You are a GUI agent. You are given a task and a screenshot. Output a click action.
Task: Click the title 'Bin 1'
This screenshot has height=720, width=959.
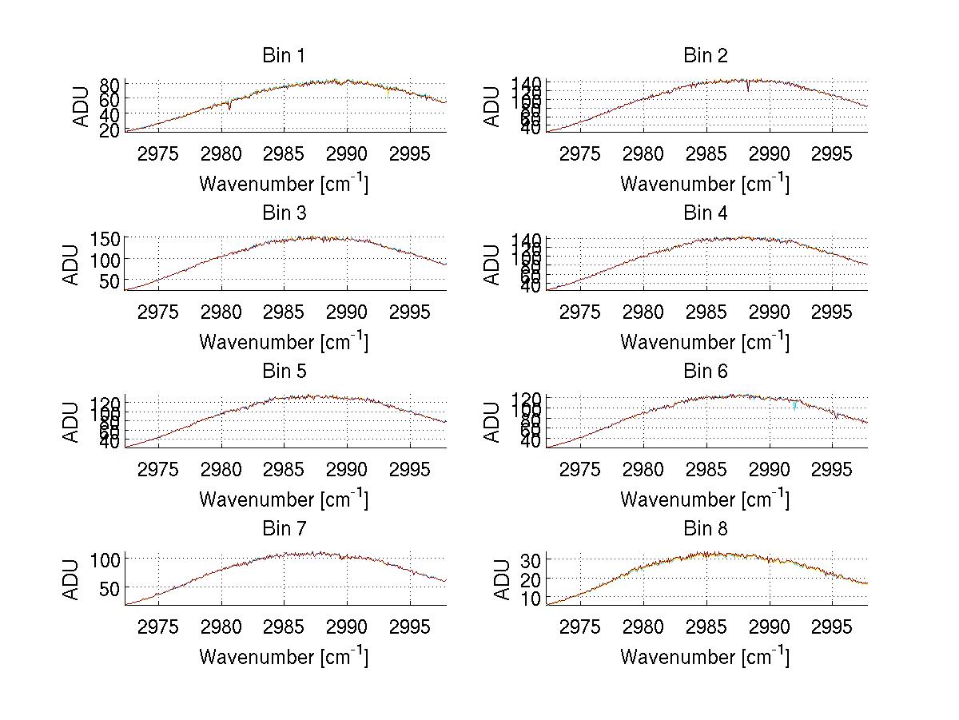point(284,56)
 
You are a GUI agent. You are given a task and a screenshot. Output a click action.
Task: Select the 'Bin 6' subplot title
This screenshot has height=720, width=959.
point(705,372)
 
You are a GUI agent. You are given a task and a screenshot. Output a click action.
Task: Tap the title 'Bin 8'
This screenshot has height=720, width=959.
point(705,529)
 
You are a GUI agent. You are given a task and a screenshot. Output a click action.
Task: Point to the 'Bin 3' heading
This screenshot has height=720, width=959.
point(284,213)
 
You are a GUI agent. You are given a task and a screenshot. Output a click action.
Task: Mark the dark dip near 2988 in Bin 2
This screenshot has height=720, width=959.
point(748,87)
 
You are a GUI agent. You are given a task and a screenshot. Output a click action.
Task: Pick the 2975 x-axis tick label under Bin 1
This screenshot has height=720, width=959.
point(158,153)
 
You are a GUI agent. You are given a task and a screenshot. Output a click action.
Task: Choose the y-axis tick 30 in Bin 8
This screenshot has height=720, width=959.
point(531,560)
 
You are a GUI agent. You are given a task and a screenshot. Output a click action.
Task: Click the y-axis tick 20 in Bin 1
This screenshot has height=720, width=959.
point(109,129)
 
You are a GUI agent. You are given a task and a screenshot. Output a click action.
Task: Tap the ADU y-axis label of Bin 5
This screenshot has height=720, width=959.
point(72,422)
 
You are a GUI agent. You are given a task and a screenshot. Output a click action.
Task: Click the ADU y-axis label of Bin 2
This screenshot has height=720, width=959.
point(493,106)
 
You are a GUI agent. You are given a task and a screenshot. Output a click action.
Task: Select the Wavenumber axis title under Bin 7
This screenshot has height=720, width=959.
point(284,656)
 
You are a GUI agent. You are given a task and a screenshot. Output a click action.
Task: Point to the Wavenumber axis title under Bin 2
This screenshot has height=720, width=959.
point(705,183)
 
